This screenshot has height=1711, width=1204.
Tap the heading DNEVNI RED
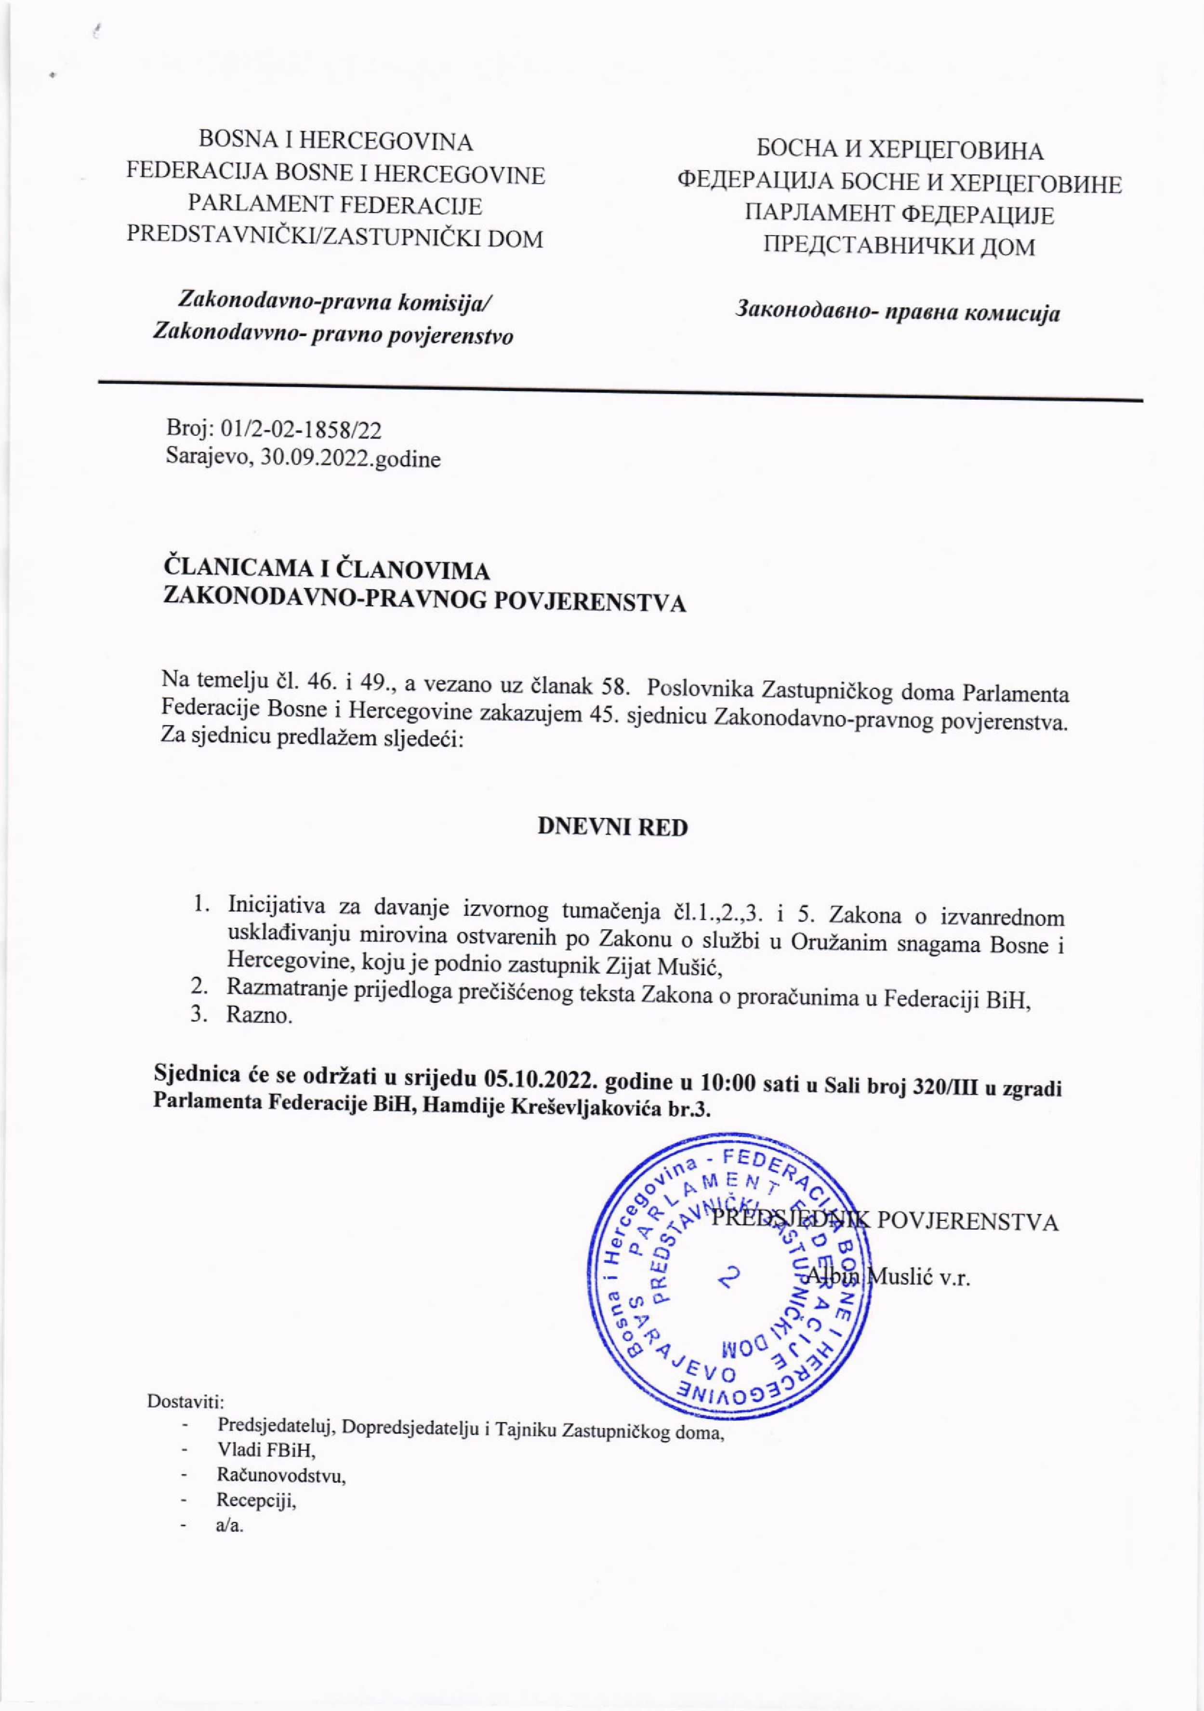click(x=612, y=828)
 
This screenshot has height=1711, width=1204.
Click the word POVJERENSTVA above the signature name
click(x=967, y=1223)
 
